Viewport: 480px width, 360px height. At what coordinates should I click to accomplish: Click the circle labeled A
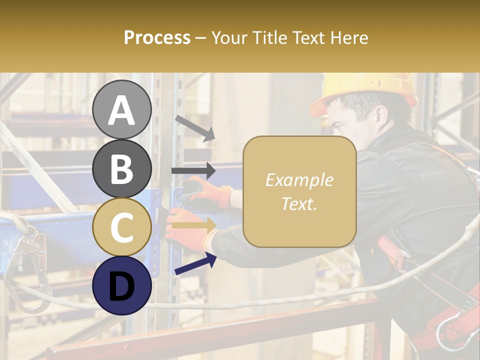click(x=121, y=109)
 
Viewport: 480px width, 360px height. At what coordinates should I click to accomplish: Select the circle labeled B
click(x=121, y=168)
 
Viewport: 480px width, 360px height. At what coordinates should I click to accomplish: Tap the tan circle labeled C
click(x=121, y=226)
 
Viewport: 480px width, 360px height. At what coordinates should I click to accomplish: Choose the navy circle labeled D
click(x=121, y=285)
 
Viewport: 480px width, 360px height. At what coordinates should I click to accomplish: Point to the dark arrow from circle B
click(x=193, y=171)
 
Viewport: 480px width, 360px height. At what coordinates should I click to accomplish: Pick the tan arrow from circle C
click(x=194, y=225)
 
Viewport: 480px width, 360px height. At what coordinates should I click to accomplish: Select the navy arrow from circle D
click(x=195, y=263)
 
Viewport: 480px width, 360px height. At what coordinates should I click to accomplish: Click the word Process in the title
click(x=157, y=37)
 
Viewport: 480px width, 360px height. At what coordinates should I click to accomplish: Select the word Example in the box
click(x=299, y=180)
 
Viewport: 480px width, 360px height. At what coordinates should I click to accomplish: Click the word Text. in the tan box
click(x=299, y=203)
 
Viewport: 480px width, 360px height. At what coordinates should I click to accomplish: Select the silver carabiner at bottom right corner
click(x=452, y=332)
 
